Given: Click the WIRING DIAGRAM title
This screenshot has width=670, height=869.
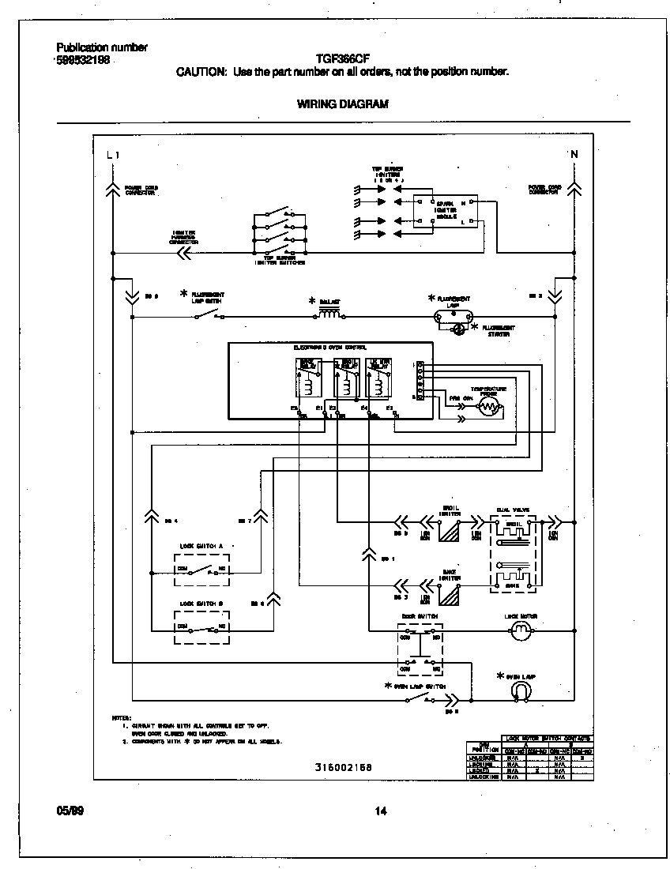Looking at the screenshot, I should point(342,103).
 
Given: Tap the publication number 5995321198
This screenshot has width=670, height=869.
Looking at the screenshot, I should point(83,59).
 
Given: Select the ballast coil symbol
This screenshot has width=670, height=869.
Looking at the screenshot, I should point(329,315).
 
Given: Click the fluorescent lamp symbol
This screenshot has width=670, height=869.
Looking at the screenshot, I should point(454,316).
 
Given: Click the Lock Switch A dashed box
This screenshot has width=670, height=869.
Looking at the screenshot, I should point(201,569).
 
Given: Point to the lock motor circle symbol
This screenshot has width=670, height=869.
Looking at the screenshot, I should point(519,630).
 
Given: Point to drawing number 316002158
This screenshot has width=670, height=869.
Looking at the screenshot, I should point(343,767).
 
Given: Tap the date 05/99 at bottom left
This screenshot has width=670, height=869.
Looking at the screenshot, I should point(70,810).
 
